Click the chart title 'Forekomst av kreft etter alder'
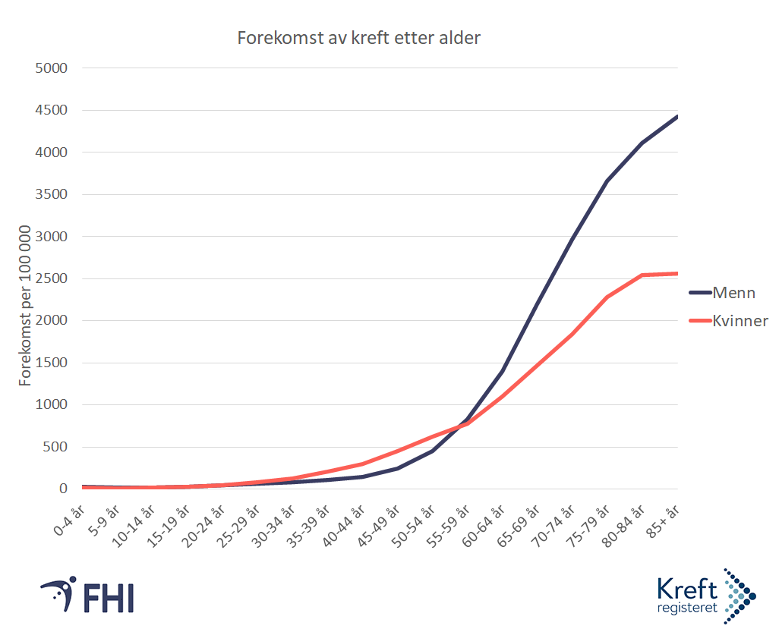click(358, 38)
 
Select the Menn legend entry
click(733, 293)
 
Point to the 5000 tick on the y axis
click(52, 68)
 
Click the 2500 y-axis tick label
click(52, 278)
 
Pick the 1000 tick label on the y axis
click(52, 404)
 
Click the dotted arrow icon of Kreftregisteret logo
click(739, 596)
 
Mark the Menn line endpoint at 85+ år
click(676, 117)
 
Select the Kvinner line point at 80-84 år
click(642, 275)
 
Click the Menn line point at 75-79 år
click(606, 181)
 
